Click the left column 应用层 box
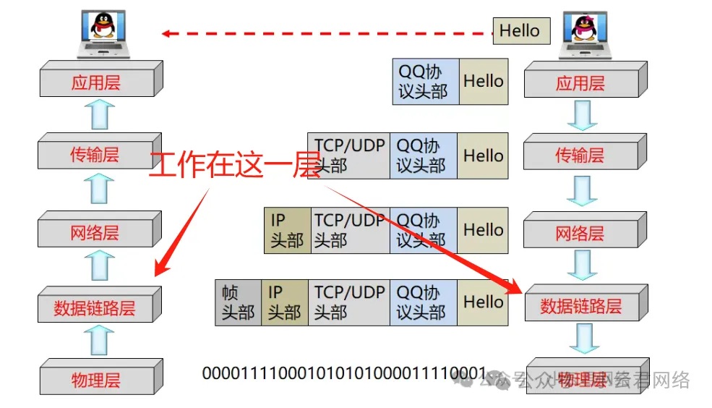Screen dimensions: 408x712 pyautogui.click(x=95, y=82)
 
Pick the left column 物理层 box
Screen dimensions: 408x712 pyautogui.click(x=95, y=380)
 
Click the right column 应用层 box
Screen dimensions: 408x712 pyautogui.click(x=580, y=82)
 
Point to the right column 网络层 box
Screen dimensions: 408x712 pyautogui.click(x=580, y=233)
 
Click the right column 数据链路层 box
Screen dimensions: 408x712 pyautogui.click(x=580, y=306)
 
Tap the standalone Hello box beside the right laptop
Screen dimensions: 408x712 pyautogui.click(x=520, y=31)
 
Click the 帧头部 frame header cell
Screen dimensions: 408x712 pyautogui.click(x=238, y=302)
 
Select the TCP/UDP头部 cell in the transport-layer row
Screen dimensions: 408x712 pyautogui.click(x=348, y=156)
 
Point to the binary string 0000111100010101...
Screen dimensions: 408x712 pyautogui.click(x=344, y=373)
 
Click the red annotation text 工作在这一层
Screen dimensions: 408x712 pyautogui.click(x=234, y=166)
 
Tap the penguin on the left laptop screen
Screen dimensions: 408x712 pyautogui.click(x=105, y=25)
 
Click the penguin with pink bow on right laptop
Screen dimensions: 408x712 pyautogui.click(x=583, y=27)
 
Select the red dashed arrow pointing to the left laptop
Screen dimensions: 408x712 pyautogui.click(x=325, y=33)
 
